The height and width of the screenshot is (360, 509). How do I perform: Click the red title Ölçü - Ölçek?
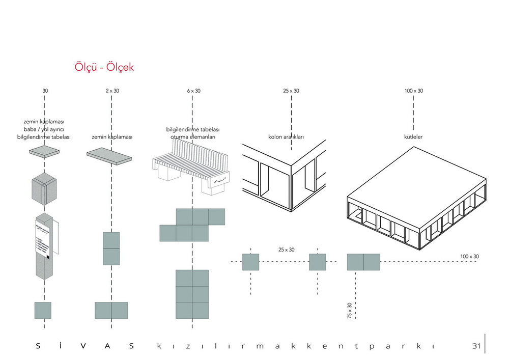(104, 67)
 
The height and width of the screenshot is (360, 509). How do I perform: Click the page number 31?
(476, 346)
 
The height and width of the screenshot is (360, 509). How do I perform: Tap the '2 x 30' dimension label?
(112, 91)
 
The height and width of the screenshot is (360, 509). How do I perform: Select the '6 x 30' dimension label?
(193, 91)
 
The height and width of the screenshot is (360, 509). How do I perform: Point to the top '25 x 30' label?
(291, 91)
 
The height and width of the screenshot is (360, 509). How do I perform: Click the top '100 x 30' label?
(413, 91)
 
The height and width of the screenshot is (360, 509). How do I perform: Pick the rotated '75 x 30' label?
(349, 311)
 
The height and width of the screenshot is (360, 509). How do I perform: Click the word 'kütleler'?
(413, 137)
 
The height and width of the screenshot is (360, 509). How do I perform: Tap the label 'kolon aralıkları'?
(286, 137)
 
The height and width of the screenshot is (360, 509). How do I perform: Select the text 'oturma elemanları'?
(193, 137)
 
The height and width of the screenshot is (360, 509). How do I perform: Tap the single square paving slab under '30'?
(44, 152)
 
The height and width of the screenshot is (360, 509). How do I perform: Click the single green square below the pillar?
(43, 310)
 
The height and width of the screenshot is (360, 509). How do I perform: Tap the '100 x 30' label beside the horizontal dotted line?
(469, 256)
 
